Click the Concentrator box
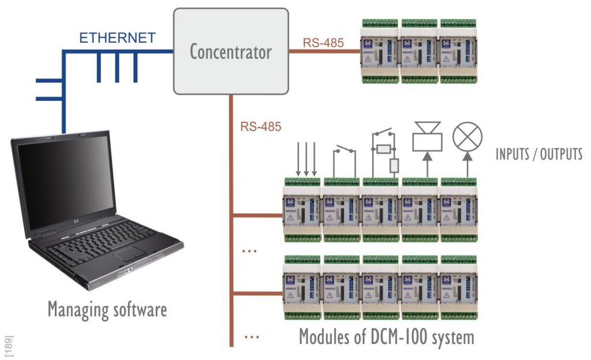tap(231, 51)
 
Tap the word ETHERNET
tap(117, 38)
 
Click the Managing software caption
tap(107, 310)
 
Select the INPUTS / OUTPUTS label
tap(539, 154)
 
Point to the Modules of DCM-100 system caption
tap(386, 336)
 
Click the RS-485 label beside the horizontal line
tap(323, 42)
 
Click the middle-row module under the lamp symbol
tap(459, 208)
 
